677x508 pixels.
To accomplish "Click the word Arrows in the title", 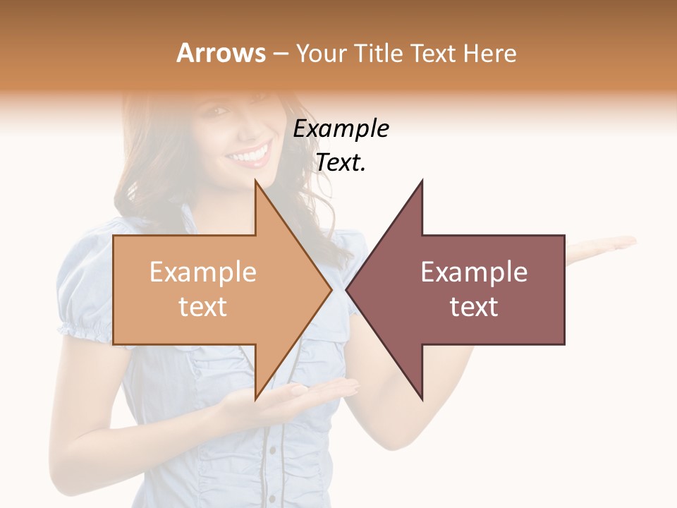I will tap(221, 53).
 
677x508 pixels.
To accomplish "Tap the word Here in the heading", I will tap(490, 53).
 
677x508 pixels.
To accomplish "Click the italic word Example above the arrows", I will tap(341, 129).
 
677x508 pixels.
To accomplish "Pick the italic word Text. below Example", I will tap(341, 162).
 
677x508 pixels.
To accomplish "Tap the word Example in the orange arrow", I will tap(202, 272).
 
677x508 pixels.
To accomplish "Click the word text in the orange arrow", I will tap(202, 307).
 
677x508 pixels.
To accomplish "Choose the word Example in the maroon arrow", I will tap(474, 272).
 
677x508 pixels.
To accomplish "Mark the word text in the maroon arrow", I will tap(474, 307).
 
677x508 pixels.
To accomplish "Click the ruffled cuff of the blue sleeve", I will tap(85, 329).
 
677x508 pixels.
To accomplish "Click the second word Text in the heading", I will tap(434, 53).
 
